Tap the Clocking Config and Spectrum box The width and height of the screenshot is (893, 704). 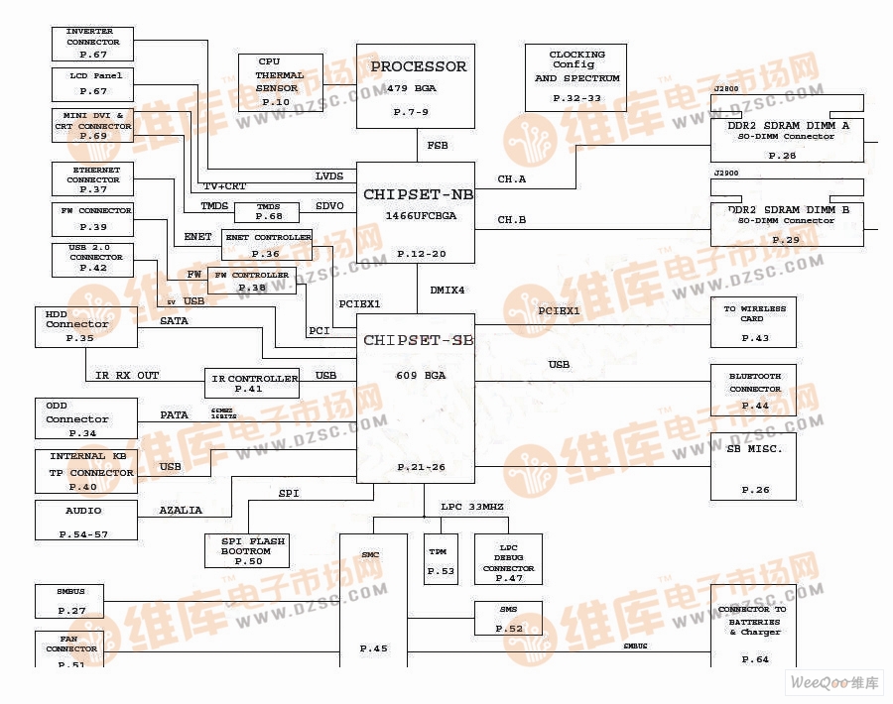(576, 77)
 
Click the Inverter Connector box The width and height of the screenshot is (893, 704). (92, 43)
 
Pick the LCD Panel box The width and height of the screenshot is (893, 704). (92, 82)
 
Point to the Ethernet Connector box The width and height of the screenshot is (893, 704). (92, 179)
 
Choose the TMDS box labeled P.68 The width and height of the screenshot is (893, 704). (267, 211)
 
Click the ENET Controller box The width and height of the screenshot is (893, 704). (266, 244)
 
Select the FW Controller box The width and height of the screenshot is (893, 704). (251, 281)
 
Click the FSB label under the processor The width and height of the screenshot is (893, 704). (437, 146)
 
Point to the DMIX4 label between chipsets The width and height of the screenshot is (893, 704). (447, 291)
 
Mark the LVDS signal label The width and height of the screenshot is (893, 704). (329, 176)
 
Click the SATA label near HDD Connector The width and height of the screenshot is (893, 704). (174, 321)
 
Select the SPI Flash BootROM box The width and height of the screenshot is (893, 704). (246, 550)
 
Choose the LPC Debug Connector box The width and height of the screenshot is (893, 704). (508, 560)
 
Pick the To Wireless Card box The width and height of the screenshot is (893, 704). (754, 322)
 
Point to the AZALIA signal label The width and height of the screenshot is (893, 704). (181, 511)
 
